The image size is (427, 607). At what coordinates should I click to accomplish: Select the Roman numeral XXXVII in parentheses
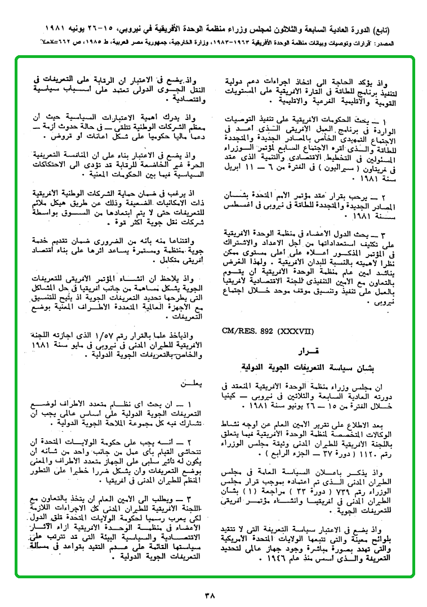click(x=297, y=331)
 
